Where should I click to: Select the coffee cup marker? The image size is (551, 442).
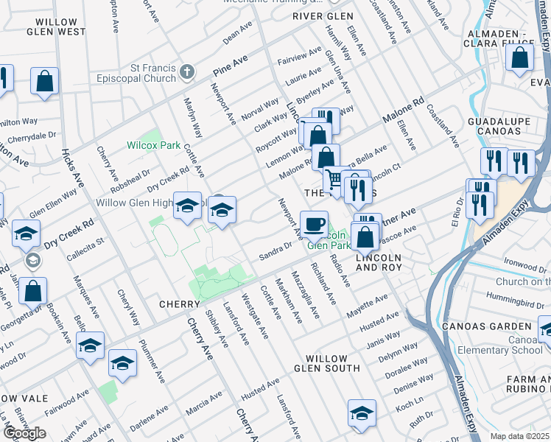coord(314,223)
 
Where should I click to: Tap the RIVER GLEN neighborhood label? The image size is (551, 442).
coord(317,16)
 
